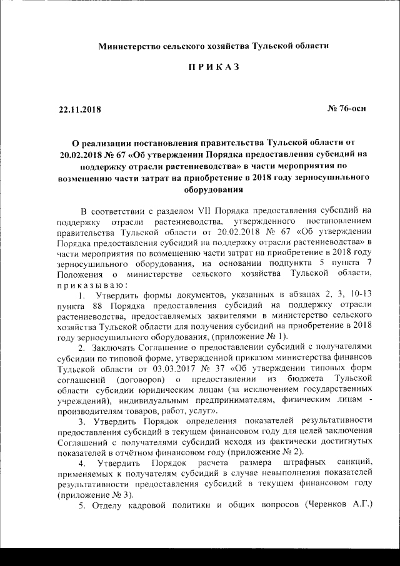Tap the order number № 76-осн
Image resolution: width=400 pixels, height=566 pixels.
click(x=347, y=109)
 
